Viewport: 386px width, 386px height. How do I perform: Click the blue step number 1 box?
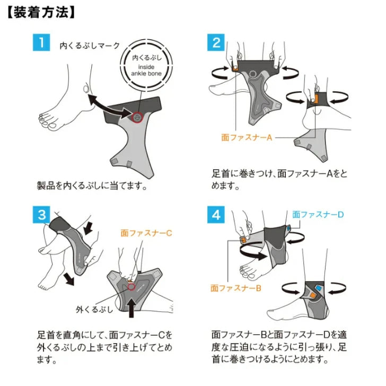coord(41,42)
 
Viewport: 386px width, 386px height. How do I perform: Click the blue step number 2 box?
coord(216,42)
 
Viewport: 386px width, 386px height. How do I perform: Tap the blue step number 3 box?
coord(41,215)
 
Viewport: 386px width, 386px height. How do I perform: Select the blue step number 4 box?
coord(216,215)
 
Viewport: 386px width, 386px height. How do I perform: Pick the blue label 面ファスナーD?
coord(319,215)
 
